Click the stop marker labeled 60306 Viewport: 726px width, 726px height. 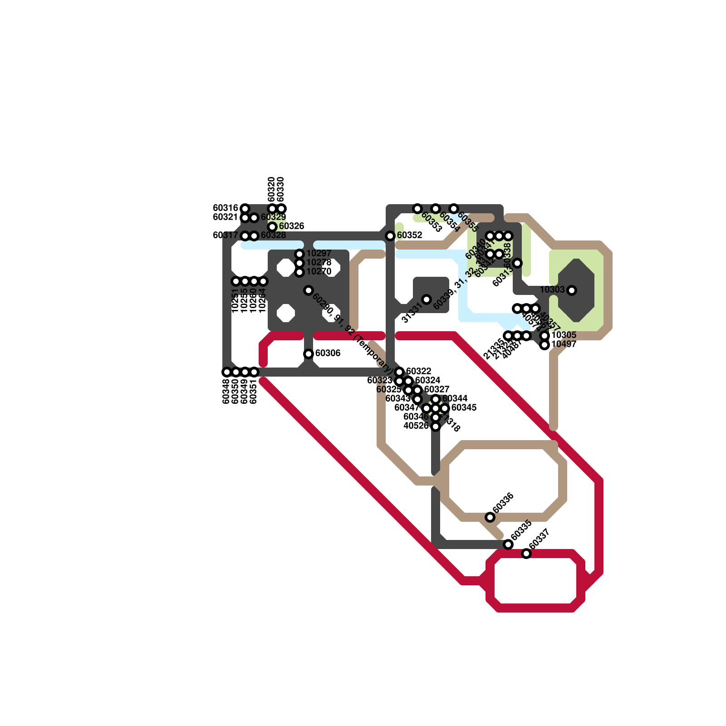pyautogui.click(x=309, y=353)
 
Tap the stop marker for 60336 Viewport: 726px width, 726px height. pyautogui.click(x=490, y=517)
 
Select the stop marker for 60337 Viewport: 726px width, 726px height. pyautogui.click(x=526, y=553)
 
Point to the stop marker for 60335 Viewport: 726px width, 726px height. pyautogui.click(x=508, y=544)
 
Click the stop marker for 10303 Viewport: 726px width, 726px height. pyautogui.click(x=572, y=290)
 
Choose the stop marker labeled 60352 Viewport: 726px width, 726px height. pyautogui.click(x=390, y=235)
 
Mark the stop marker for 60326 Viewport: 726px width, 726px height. pyautogui.click(x=272, y=226)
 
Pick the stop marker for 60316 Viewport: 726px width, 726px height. pyautogui.click(x=245, y=208)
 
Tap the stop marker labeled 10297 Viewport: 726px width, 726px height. pyautogui.click(x=299, y=254)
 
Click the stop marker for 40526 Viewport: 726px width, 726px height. pyautogui.click(x=436, y=426)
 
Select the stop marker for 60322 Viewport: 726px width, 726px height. pyautogui.click(x=399, y=372)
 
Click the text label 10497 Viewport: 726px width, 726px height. pyautogui.click(x=564, y=344)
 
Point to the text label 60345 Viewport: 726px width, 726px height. pyautogui.click(x=464, y=407)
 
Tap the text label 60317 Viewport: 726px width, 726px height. pyautogui.click(x=226, y=235)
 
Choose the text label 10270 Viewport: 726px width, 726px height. pyautogui.click(x=319, y=271)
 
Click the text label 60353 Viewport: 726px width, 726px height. pyautogui.click(x=432, y=222)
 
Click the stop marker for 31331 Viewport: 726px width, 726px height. pyautogui.click(x=427, y=299)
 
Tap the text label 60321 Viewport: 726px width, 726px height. pyautogui.click(x=226, y=217)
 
